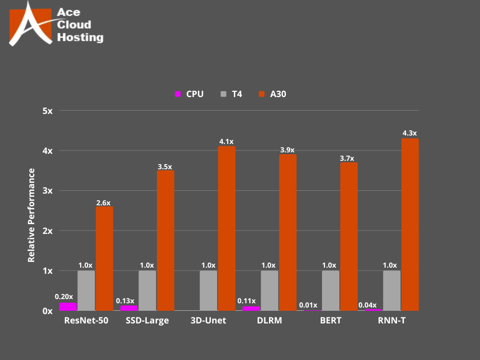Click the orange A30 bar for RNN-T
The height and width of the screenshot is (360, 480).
(x=410, y=225)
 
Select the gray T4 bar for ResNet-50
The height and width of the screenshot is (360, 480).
(x=86, y=291)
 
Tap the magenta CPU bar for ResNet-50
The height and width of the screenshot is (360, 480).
(x=68, y=307)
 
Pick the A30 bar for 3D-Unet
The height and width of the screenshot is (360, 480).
(x=227, y=228)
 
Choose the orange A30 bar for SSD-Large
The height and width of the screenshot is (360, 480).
(x=165, y=240)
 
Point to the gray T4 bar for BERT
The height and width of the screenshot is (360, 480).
(x=330, y=291)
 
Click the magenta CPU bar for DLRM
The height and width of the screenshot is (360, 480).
(x=251, y=308)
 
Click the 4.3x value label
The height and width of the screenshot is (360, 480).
(x=410, y=134)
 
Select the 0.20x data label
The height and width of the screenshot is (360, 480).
(x=64, y=297)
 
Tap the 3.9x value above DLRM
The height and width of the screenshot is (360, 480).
(x=288, y=150)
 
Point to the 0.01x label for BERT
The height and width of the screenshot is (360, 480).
(x=307, y=305)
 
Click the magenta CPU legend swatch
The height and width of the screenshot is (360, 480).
(x=178, y=94)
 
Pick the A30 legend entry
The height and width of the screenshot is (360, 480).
(x=278, y=94)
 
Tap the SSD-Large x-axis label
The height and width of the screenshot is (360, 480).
(x=147, y=321)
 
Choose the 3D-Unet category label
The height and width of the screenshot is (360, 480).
(x=209, y=321)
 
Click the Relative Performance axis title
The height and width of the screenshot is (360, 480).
(x=31, y=215)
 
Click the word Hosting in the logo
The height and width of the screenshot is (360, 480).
(x=80, y=37)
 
